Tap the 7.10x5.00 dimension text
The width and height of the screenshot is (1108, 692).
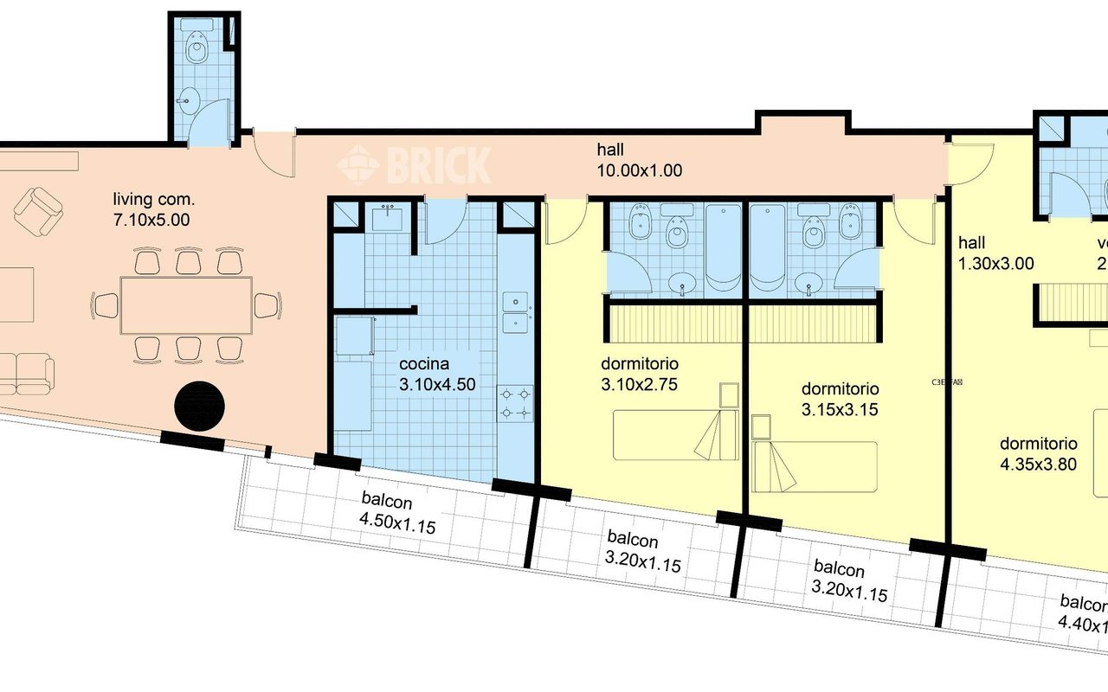click(151, 220)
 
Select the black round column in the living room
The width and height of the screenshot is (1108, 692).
click(200, 406)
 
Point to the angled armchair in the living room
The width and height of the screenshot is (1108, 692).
click(38, 211)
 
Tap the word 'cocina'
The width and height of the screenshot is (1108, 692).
click(424, 365)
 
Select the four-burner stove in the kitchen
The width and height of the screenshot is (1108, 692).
click(515, 403)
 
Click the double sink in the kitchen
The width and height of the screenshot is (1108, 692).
click(516, 311)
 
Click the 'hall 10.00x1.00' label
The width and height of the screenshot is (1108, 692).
click(639, 160)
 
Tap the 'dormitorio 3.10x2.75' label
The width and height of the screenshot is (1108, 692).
click(640, 372)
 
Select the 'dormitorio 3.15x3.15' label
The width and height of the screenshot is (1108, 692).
click(840, 400)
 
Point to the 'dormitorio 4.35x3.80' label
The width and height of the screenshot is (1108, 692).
click(1038, 453)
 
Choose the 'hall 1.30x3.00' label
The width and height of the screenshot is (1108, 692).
click(995, 253)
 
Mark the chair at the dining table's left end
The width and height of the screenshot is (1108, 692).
click(106, 304)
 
